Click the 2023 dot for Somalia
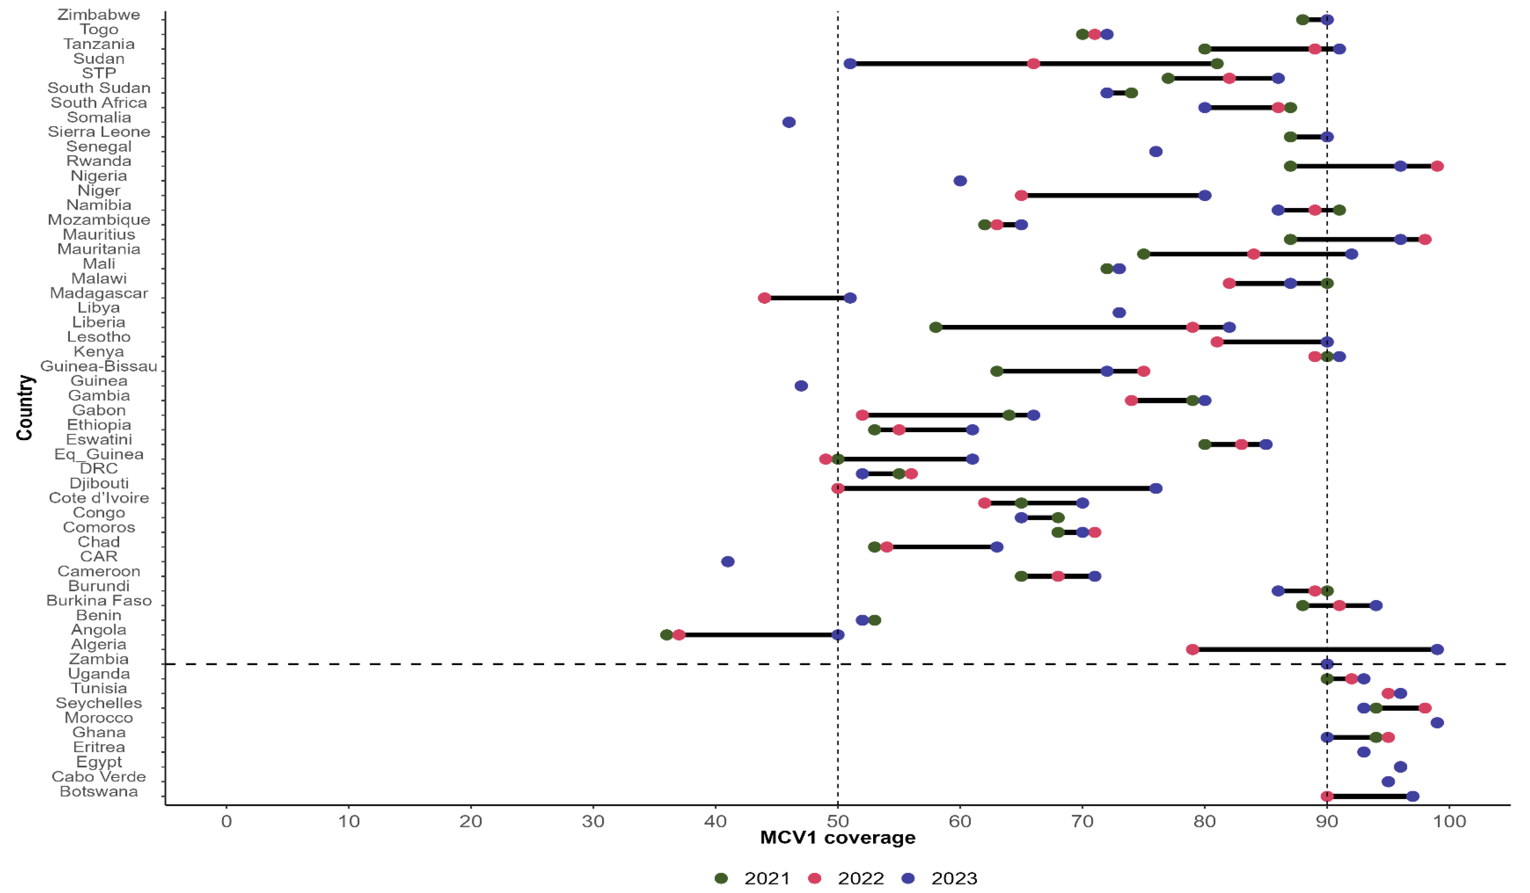click(x=789, y=122)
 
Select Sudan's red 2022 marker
click(x=1033, y=64)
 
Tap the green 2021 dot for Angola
click(x=667, y=635)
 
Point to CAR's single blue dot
click(x=728, y=562)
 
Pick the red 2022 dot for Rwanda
click(x=1437, y=166)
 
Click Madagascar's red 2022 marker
click(x=764, y=298)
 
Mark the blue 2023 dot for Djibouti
click(x=1156, y=489)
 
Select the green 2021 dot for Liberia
click(x=935, y=327)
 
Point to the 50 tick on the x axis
click(x=838, y=821)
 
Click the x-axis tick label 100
click(x=1449, y=821)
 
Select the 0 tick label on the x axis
click(x=226, y=821)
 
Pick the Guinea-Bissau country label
click(x=99, y=366)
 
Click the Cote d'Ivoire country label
click(x=99, y=498)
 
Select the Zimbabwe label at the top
click(x=99, y=15)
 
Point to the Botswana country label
click(x=99, y=792)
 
